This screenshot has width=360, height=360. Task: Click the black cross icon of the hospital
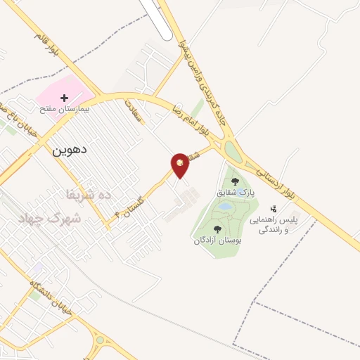pos(64,98)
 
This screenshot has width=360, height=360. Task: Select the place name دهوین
pos(69,149)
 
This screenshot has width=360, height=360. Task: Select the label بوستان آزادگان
pos(217,240)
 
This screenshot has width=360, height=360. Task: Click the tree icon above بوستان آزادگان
pos(217,229)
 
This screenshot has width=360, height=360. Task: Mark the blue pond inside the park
pos(224,208)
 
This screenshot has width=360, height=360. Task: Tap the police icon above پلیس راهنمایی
pos(274,209)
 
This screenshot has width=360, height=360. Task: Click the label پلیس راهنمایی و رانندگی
pos(275,224)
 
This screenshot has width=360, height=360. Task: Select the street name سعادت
pos(132,111)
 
